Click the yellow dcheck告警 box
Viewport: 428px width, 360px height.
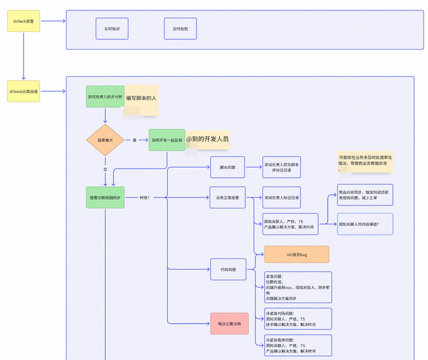24,21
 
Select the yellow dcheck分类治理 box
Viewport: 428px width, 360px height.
24,92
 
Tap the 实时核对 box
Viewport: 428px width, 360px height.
112,29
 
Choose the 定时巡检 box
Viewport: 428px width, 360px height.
180,29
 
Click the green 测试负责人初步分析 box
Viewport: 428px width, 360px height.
105,96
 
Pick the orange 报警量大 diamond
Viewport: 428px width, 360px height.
105,140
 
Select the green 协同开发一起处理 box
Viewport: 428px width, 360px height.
167,140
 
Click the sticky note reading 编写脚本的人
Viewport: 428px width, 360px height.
141,99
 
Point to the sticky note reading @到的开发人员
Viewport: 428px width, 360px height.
207,140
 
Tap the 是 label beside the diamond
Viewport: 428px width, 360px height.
135,140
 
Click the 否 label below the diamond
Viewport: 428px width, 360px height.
105,170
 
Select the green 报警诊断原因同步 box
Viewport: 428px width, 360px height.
105,197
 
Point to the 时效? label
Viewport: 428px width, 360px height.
144,197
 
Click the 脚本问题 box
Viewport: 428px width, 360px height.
227,167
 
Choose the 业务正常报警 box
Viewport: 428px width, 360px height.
227,197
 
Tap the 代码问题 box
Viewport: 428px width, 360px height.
227,269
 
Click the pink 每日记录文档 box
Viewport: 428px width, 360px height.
229,324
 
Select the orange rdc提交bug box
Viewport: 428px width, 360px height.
296,255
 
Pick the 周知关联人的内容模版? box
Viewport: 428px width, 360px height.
365,224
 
